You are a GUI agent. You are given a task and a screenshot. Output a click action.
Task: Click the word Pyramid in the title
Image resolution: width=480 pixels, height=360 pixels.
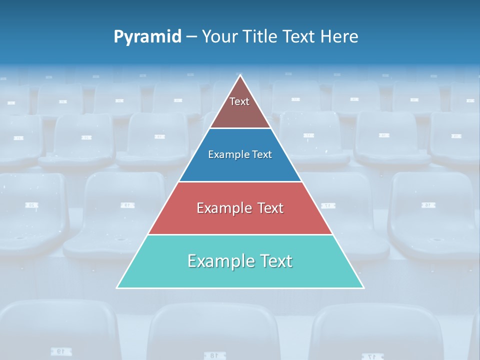(147, 37)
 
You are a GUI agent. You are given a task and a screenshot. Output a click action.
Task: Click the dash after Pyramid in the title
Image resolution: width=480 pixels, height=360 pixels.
(191, 37)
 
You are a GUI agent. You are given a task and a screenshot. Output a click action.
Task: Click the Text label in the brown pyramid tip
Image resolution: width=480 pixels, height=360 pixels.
(239, 101)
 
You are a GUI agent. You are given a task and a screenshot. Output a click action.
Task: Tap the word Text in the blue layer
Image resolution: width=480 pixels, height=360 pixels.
(262, 154)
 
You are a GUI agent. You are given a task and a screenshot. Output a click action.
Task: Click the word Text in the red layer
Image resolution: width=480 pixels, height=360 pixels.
(270, 208)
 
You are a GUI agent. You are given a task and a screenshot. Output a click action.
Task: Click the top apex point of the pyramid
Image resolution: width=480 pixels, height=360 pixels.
(240, 75)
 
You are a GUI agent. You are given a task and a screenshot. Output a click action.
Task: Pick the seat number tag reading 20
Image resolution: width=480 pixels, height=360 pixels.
(32, 205)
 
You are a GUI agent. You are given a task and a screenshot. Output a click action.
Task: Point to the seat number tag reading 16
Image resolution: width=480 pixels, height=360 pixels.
(428, 205)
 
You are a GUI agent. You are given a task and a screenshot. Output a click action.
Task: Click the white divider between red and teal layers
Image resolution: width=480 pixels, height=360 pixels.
(240, 234)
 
